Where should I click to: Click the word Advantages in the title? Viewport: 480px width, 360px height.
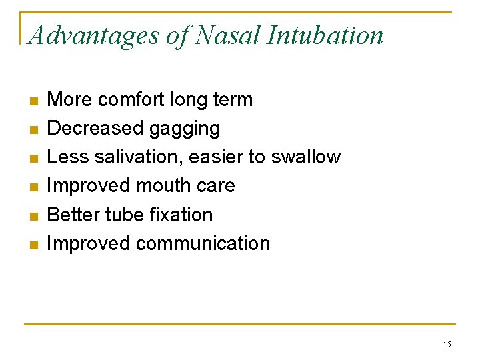point(93,36)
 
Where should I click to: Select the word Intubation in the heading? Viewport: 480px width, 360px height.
point(325,35)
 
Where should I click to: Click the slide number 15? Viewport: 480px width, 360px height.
point(447,345)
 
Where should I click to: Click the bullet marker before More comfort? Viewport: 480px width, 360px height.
point(35,101)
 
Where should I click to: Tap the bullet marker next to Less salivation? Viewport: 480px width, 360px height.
point(35,159)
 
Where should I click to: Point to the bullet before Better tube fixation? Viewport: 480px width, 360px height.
point(35,216)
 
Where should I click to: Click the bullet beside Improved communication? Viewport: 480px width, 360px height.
point(35,245)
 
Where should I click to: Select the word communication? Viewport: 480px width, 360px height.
point(203,243)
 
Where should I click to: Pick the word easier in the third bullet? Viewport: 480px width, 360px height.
point(217,157)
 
